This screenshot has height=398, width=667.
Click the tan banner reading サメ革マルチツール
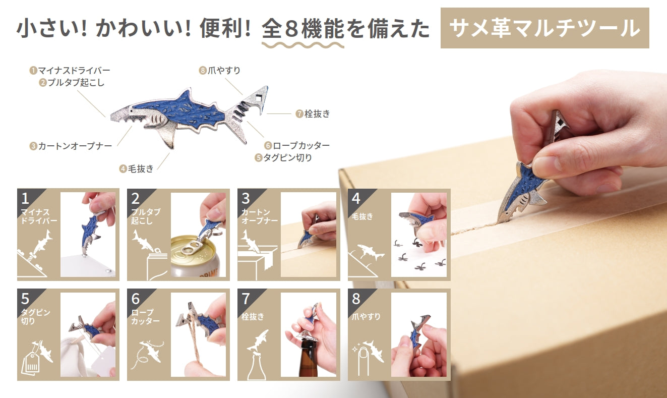(x=544, y=28)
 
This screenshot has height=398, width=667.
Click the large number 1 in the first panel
(x=25, y=199)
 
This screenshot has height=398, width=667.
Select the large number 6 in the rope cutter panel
(x=136, y=299)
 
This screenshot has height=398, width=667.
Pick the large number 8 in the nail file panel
(x=356, y=299)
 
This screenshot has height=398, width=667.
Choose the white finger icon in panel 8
(x=363, y=362)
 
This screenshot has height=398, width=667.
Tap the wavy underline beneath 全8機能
(x=303, y=45)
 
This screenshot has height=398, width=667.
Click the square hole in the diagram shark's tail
(x=259, y=97)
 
